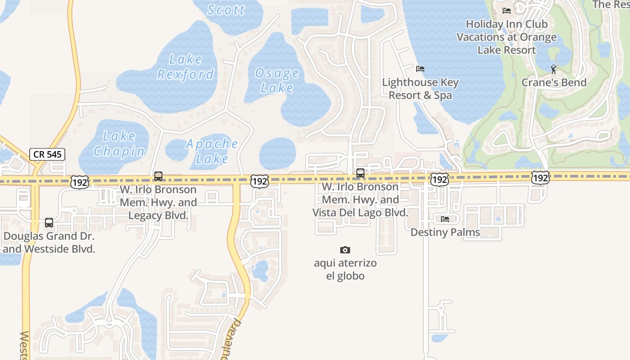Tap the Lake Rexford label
[185, 67]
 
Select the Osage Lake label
[276, 80]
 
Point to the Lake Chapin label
[119, 144]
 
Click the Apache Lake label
[212, 151]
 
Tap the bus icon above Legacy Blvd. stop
[158, 176]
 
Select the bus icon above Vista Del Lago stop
[360, 173]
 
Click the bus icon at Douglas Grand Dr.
[49, 222]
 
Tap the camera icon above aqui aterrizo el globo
[345, 250]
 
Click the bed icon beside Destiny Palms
[445, 219]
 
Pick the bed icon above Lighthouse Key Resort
[420, 69]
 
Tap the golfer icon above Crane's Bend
[553, 69]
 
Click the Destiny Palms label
[445, 232]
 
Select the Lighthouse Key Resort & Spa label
[420, 89]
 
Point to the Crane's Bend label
[554, 82]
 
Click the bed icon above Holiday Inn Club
[507, 11]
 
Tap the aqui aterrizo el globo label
[345, 269]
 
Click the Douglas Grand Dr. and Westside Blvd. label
[49, 242]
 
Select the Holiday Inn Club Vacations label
[507, 37]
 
